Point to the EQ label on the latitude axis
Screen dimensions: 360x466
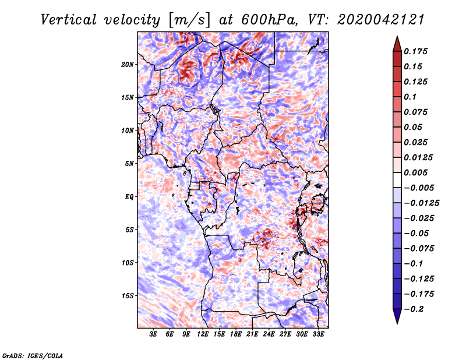click(129, 197)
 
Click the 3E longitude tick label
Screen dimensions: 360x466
click(154, 335)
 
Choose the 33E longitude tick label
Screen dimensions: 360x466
click(318, 335)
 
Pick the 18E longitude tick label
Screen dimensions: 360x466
click(236, 335)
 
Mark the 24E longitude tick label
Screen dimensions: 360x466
click(269, 335)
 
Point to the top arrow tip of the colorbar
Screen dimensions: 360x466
click(397, 38)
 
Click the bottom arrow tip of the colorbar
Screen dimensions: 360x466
click(397, 322)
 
